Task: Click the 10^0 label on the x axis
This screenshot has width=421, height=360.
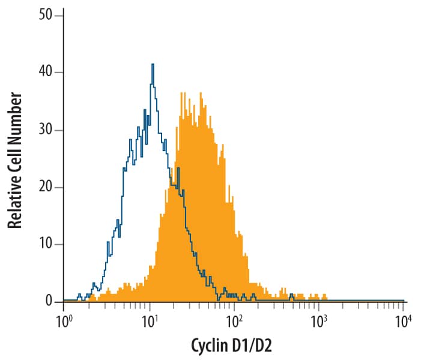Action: (63, 319)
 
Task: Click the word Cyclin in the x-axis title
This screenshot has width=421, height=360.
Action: (210, 346)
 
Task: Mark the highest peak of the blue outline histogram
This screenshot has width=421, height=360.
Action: (153, 65)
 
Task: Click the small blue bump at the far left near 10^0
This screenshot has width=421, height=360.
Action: (79, 295)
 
